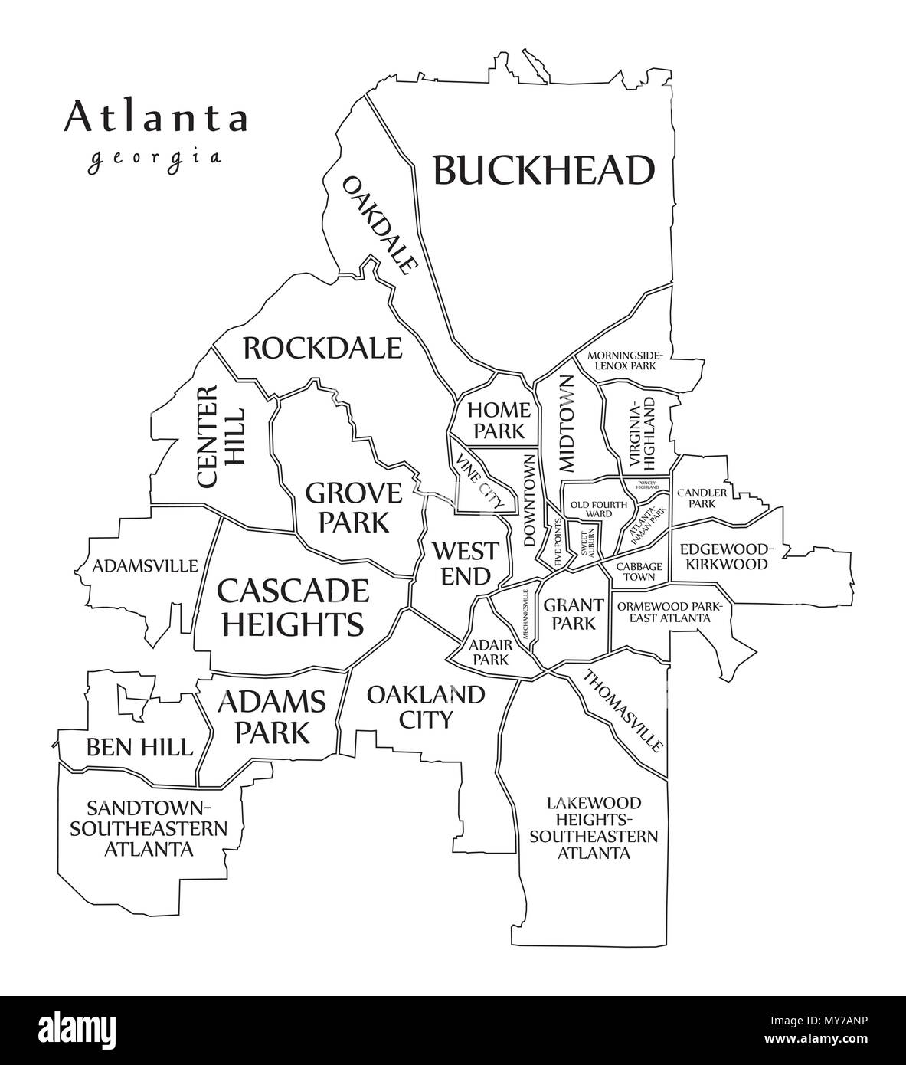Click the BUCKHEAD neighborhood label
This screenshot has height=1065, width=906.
[544, 170]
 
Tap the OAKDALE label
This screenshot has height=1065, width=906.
[380, 224]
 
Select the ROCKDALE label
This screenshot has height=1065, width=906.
[322, 348]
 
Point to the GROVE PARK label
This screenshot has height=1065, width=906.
[353, 506]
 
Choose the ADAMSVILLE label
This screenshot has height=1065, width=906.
[145, 566]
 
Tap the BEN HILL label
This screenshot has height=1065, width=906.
[139, 745]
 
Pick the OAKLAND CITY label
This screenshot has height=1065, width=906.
[425, 706]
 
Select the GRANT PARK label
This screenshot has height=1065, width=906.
[569, 614]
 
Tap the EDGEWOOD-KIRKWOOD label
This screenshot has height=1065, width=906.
[724, 556]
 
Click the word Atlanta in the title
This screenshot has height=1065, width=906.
[156, 117]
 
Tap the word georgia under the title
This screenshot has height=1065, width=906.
[155, 158]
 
